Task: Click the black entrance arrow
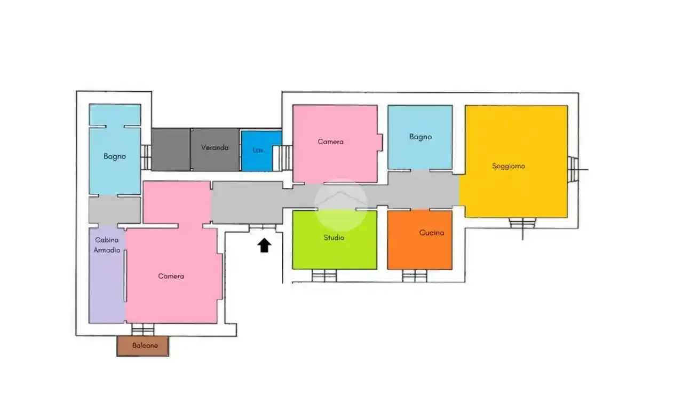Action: tap(264, 245)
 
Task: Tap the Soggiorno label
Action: tap(509, 166)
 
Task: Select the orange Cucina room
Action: tap(420, 240)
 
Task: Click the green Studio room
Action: tap(335, 240)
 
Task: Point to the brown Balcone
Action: tap(143, 346)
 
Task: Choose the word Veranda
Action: tap(215, 147)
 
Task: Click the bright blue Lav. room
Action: tap(261, 151)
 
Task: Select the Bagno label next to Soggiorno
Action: tap(421, 137)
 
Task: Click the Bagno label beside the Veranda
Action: tap(115, 156)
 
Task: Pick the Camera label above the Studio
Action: tap(331, 141)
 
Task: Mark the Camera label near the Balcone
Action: tap(171, 277)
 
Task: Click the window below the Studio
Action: tap(324, 276)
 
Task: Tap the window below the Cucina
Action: tap(414, 276)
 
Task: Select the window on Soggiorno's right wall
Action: tap(573, 169)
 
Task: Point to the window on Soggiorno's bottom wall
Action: tap(522, 223)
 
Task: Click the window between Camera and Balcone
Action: tap(143, 329)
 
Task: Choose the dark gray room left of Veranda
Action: tap(171, 149)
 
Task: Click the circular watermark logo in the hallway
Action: tap(341, 204)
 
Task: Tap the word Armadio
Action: tap(107, 250)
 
